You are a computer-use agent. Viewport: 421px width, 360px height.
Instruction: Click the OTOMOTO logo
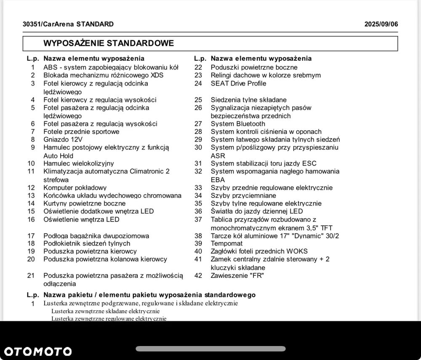(x=38, y=352)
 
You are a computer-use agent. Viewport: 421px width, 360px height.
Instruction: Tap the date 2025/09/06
(x=381, y=24)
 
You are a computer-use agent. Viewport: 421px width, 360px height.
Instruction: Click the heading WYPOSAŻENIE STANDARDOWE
(x=109, y=43)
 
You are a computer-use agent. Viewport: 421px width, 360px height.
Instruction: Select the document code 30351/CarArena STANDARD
(x=68, y=24)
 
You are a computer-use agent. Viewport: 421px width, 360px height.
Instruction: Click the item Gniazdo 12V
(x=63, y=139)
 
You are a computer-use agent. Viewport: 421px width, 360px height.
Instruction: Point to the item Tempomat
(x=226, y=243)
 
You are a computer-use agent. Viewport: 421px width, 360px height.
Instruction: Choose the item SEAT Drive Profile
(x=238, y=83)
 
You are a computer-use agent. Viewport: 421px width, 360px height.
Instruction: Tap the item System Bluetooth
(x=238, y=124)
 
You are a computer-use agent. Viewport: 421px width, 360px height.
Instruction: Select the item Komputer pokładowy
(x=75, y=188)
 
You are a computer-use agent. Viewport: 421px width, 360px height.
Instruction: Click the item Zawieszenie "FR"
(x=237, y=276)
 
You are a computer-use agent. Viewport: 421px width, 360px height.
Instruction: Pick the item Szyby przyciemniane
(x=243, y=195)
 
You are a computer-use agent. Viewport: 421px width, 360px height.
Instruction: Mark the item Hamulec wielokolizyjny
(x=79, y=163)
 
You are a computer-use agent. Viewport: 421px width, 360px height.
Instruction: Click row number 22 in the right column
(x=198, y=67)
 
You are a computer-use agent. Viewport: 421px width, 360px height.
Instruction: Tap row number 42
(x=198, y=276)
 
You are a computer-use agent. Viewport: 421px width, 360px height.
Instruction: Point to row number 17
(x=31, y=236)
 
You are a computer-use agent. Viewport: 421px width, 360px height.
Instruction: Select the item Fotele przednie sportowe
(x=81, y=131)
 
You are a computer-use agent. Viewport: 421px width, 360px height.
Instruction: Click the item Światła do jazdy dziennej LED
(x=257, y=211)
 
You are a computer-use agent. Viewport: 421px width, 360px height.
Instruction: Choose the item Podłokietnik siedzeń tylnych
(x=87, y=243)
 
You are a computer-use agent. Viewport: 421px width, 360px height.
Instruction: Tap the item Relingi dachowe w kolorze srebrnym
(x=266, y=75)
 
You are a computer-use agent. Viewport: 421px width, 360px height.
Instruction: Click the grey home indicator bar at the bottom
(x=210, y=349)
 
